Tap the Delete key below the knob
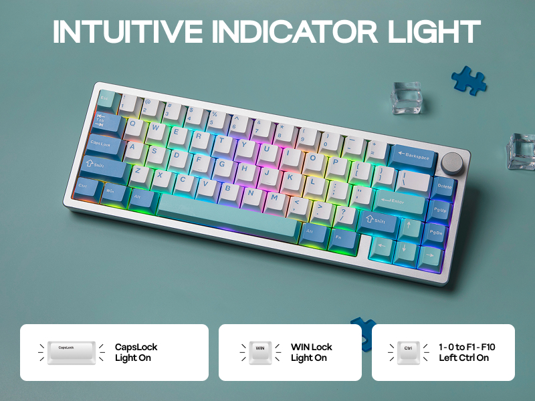(x=444, y=188)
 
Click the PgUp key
(x=440, y=209)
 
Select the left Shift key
(x=102, y=164)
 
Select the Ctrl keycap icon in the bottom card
(x=409, y=352)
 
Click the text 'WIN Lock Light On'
(x=311, y=352)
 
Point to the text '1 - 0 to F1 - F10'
(x=466, y=347)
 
